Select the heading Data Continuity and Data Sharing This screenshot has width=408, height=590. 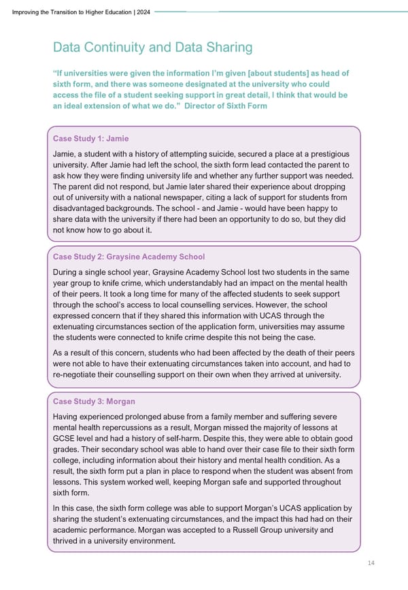(152, 48)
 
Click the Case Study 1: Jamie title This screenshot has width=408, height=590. (90, 138)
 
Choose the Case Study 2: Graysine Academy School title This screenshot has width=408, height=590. (129, 257)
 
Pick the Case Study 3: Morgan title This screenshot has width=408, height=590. (94, 401)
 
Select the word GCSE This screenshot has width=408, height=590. (65, 439)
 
